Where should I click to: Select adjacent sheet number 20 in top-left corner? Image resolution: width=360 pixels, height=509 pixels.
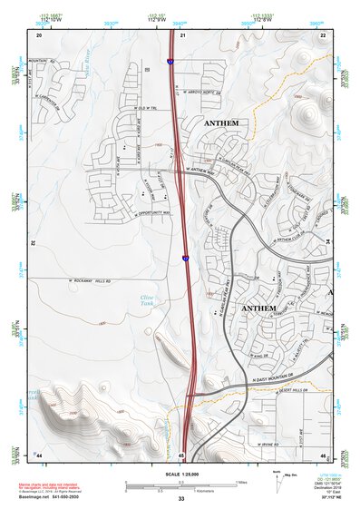(x=39, y=35)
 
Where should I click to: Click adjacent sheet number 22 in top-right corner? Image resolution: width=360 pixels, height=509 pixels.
(x=323, y=35)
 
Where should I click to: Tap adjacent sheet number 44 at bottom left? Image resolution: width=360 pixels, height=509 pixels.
(x=38, y=454)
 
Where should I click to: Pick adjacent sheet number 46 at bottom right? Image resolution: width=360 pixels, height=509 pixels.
(x=322, y=454)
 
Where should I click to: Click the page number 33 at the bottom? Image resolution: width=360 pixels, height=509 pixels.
(x=181, y=499)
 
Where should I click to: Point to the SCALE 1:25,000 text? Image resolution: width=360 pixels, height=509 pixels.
(x=180, y=473)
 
